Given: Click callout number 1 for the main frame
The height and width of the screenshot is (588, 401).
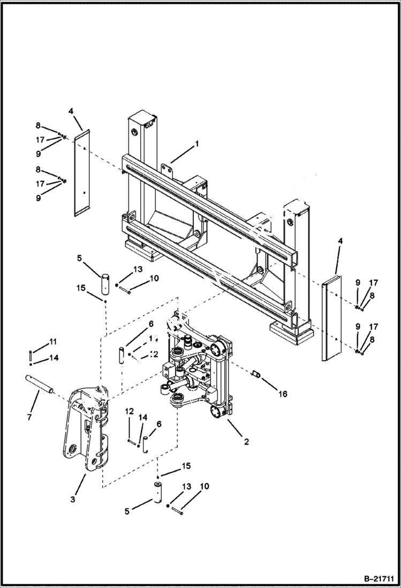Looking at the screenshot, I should pyautogui.click(x=196, y=144).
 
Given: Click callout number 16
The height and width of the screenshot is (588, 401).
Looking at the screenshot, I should pyautogui.click(x=283, y=394).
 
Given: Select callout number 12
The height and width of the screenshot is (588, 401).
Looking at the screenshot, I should pyautogui.click(x=129, y=411).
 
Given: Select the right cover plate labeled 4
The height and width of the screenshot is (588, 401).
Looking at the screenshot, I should pyautogui.click(x=329, y=319).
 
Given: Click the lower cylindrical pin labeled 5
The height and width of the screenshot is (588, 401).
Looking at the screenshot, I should pyautogui.click(x=158, y=492).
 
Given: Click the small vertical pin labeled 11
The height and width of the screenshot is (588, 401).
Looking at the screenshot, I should pyautogui.click(x=30, y=355).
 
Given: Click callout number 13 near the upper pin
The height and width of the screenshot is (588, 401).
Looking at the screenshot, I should pyautogui.click(x=138, y=269).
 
